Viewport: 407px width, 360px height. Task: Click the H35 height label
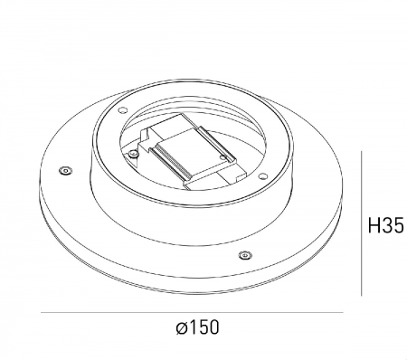[384, 224]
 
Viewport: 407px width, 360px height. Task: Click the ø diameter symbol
[181, 327]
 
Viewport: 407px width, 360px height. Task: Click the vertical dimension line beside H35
[362, 224]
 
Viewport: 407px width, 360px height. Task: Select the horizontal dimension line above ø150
[194, 312]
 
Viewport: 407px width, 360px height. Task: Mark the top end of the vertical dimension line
[362, 152]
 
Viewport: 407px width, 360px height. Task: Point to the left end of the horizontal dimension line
[43, 312]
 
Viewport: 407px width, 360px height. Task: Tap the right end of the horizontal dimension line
[344, 312]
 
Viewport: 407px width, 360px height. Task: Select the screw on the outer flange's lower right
[244, 255]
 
